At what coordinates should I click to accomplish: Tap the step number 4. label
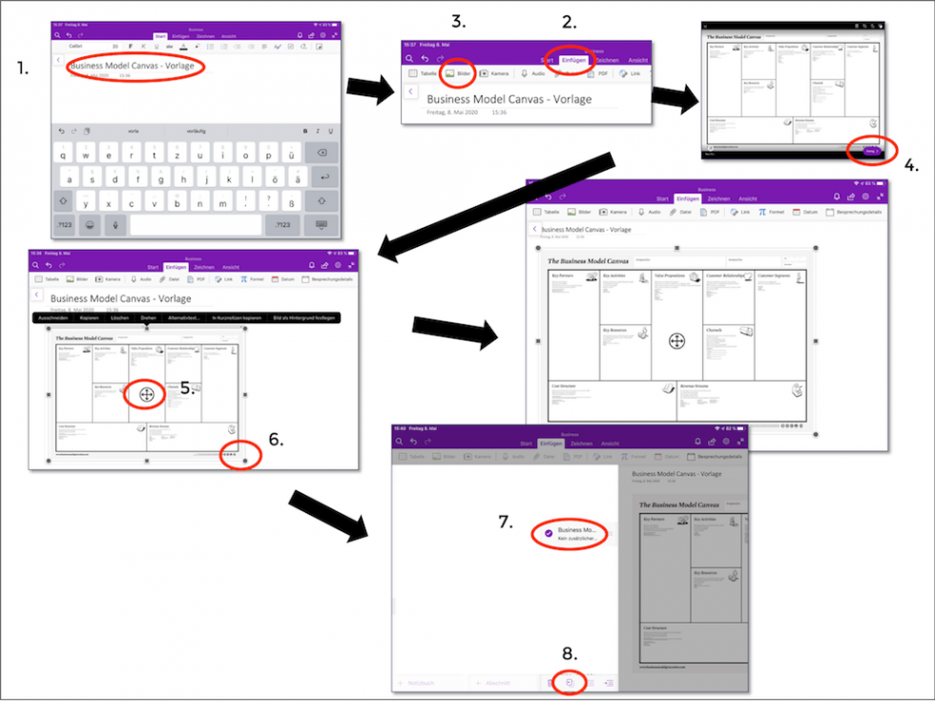[911, 164]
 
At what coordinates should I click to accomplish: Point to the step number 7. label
[506, 521]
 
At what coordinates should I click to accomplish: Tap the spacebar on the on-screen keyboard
[195, 224]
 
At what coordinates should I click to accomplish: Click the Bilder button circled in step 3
[458, 73]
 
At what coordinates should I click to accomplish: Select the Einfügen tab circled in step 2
[574, 59]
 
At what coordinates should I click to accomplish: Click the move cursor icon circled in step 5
[146, 393]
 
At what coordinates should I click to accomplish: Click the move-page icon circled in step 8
[569, 682]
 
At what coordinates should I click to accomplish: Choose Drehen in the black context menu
[148, 317]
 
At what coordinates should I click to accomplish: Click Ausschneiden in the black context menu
[53, 317]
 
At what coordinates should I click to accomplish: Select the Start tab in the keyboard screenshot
[160, 36]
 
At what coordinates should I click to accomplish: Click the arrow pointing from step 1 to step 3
[369, 90]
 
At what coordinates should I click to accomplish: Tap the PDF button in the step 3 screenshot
[598, 73]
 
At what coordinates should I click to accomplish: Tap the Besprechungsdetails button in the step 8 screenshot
[718, 457]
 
